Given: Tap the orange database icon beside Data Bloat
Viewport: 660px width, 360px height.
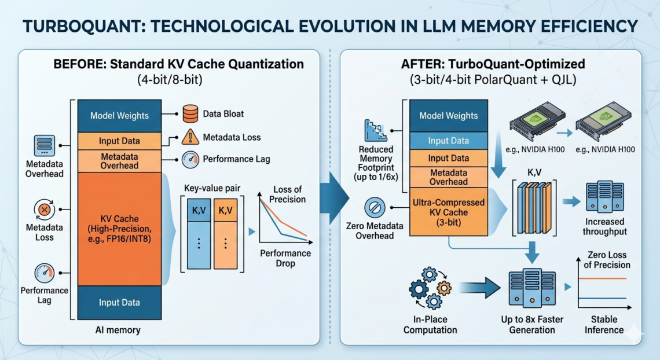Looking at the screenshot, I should tap(190, 114).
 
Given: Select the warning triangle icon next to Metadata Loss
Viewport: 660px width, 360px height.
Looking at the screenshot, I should tap(190, 137).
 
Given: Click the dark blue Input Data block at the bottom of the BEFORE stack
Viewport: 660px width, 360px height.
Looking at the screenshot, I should tap(119, 302).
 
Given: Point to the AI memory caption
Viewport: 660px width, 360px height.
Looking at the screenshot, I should tap(118, 330).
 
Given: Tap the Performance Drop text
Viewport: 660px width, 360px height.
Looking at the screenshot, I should tap(285, 258).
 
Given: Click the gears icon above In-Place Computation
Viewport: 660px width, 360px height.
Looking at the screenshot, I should tap(430, 287).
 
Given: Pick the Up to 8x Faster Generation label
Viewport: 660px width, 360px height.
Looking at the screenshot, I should tap(532, 325).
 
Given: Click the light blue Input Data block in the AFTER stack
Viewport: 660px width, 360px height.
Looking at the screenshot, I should tap(448, 141).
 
